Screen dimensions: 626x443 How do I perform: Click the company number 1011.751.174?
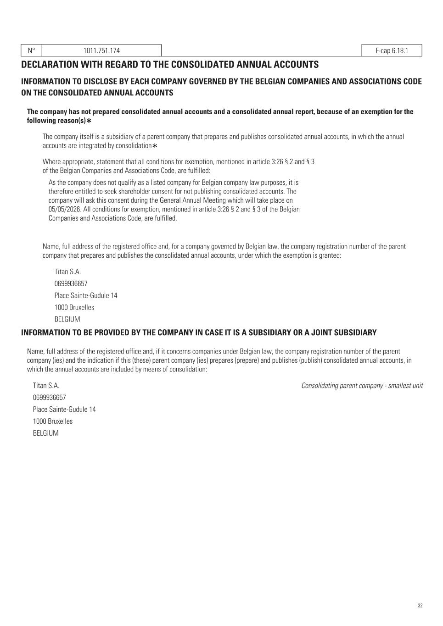pos(101,50)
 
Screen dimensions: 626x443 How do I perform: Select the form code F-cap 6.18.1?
pos(392,50)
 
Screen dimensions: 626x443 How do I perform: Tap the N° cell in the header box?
pos(31,50)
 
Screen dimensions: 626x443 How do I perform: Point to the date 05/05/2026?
pos(65,209)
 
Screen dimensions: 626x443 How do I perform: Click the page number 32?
pos(420,606)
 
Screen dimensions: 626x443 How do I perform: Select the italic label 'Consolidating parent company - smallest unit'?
pos(362,386)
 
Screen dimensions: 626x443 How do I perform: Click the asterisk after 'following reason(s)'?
pos(89,121)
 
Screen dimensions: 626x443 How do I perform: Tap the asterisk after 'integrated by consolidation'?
pos(155,146)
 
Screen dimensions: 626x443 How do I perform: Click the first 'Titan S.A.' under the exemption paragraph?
pos(67,272)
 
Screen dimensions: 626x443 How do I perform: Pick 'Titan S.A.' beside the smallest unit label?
pos(46,386)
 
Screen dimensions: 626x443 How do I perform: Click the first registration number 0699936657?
pos(71,284)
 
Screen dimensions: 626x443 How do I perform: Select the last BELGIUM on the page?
pos(45,433)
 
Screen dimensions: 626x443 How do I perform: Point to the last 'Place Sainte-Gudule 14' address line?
pos(64,410)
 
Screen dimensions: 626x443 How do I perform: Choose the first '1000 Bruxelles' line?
pos(74,308)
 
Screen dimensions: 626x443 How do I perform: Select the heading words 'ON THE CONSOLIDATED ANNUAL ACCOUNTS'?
pos(97,93)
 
